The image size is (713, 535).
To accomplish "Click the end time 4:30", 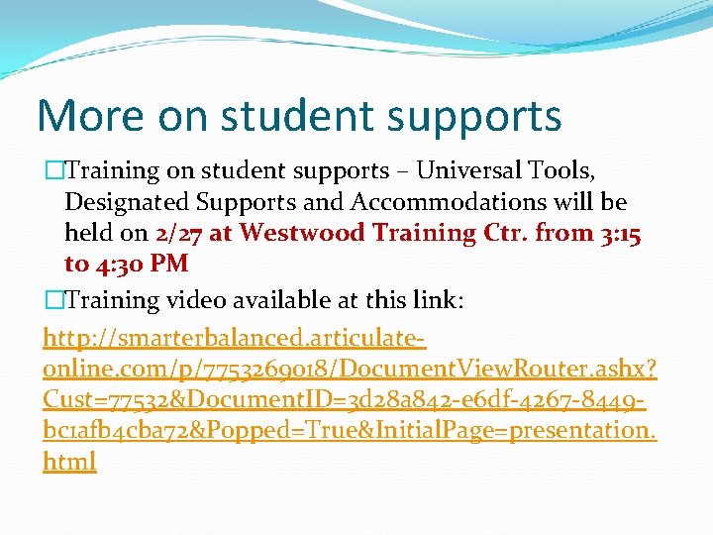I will tap(122, 264).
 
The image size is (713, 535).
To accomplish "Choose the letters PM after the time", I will tap(170, 264).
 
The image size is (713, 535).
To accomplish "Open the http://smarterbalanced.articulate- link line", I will tap(235, 338).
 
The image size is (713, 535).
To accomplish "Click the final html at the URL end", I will tap(69, 462).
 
